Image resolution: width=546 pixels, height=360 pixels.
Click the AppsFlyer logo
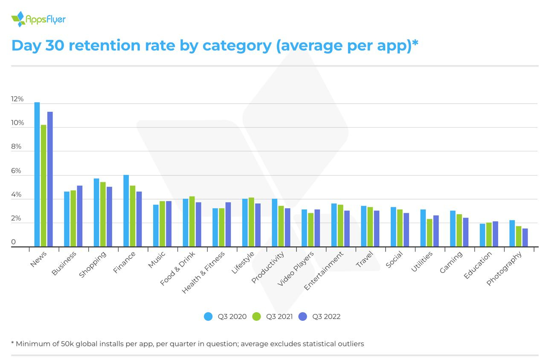(38, 19)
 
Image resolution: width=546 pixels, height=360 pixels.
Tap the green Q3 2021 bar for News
(44, 186)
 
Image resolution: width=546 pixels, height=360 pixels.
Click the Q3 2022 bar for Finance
(139, 219)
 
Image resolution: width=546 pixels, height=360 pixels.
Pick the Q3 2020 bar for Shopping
(96, 212)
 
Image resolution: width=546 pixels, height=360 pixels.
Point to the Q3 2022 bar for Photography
(525, 238)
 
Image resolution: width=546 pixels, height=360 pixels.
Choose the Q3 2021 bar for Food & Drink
(192, 221)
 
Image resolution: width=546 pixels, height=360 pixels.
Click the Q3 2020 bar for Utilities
(423, 228)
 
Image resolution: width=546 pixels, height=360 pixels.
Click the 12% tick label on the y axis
(17, 99)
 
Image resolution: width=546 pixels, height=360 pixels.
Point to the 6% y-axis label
(16, 171)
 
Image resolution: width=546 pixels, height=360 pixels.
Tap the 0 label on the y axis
(14, 242)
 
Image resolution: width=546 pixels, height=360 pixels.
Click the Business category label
(64, 263)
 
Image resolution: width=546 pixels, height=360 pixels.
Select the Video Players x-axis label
(296, 269)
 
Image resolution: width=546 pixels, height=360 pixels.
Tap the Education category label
(478, 265)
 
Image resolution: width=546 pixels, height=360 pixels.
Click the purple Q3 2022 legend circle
(303, 316)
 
